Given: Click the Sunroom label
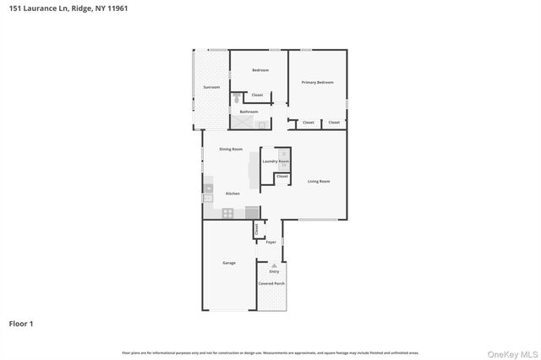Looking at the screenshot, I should pos(211,88).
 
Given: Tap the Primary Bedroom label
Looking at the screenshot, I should pos(318,82).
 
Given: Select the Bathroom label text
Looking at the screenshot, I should pos(249,112).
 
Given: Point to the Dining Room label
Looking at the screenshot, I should pos(231,150).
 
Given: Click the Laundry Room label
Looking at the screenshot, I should pos(276,161).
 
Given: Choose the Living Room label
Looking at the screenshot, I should pos(318,182).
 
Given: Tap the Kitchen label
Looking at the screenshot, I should pos(232,194).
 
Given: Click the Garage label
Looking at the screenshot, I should pos(228,263).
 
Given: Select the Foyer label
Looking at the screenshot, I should pos(270,243).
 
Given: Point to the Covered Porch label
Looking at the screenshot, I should pos(271,283).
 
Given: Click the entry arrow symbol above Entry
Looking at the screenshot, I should pos(274,265).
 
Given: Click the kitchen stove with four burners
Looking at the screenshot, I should pos(227,213).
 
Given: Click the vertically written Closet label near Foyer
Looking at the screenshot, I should pos(256,229).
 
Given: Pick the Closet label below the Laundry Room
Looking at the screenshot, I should pos(281,176).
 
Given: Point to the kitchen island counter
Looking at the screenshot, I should pos(253,172).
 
